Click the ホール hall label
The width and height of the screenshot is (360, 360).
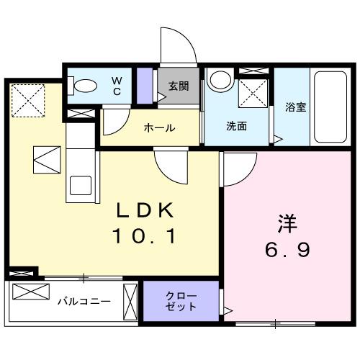tap(159, 127)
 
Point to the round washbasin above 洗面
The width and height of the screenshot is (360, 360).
tap(218, 81)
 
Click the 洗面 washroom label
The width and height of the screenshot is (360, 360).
tap(237, 126)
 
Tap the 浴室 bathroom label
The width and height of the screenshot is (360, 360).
tap(295, 107)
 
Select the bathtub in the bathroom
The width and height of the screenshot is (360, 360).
tap(330, 107)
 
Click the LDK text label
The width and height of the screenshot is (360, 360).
tap(145, 210)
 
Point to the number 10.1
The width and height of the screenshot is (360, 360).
tap(144, 235)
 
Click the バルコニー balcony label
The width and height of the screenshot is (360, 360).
tap(84, 301)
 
